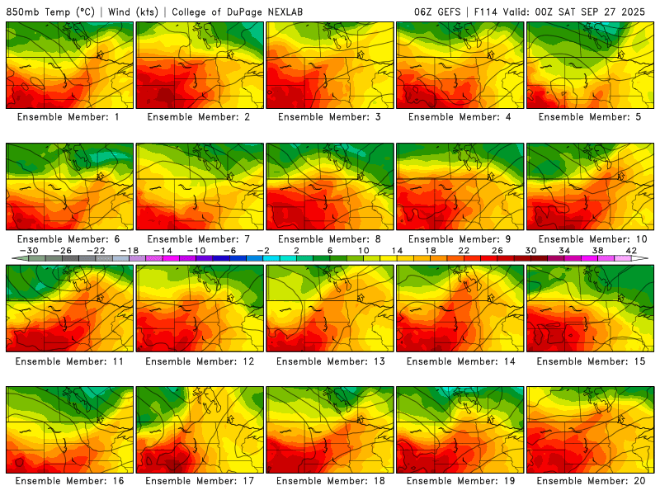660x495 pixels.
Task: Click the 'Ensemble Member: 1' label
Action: pyautogui.click(x=69, y=117)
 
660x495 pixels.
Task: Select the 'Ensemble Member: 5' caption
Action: pyautogui.click(x=591, y=117)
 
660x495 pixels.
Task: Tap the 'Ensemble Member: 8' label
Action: pyautogui.click(x=330, y=239)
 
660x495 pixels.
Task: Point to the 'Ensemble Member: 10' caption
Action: pyautogui.click(x=591, y=239)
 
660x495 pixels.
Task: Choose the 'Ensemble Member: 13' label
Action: pyautogui.click(x=330, y=361)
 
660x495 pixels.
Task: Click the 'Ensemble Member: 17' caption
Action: pyautogui.click(x=200, y=480)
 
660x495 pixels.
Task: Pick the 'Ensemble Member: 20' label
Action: pyautogui.click(x=591, y=480)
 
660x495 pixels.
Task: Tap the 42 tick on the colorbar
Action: pyautogui.click(x=631, y=250)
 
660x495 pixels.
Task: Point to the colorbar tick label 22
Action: pyautogui.click(x=464, y=250)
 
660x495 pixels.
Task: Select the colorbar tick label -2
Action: pyautogui.click(x=263, y=250)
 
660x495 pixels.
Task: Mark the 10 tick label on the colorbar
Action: pyautogui.click(x=364, y=250)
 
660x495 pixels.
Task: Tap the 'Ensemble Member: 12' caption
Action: pyautogui.click(x=200, y=361)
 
